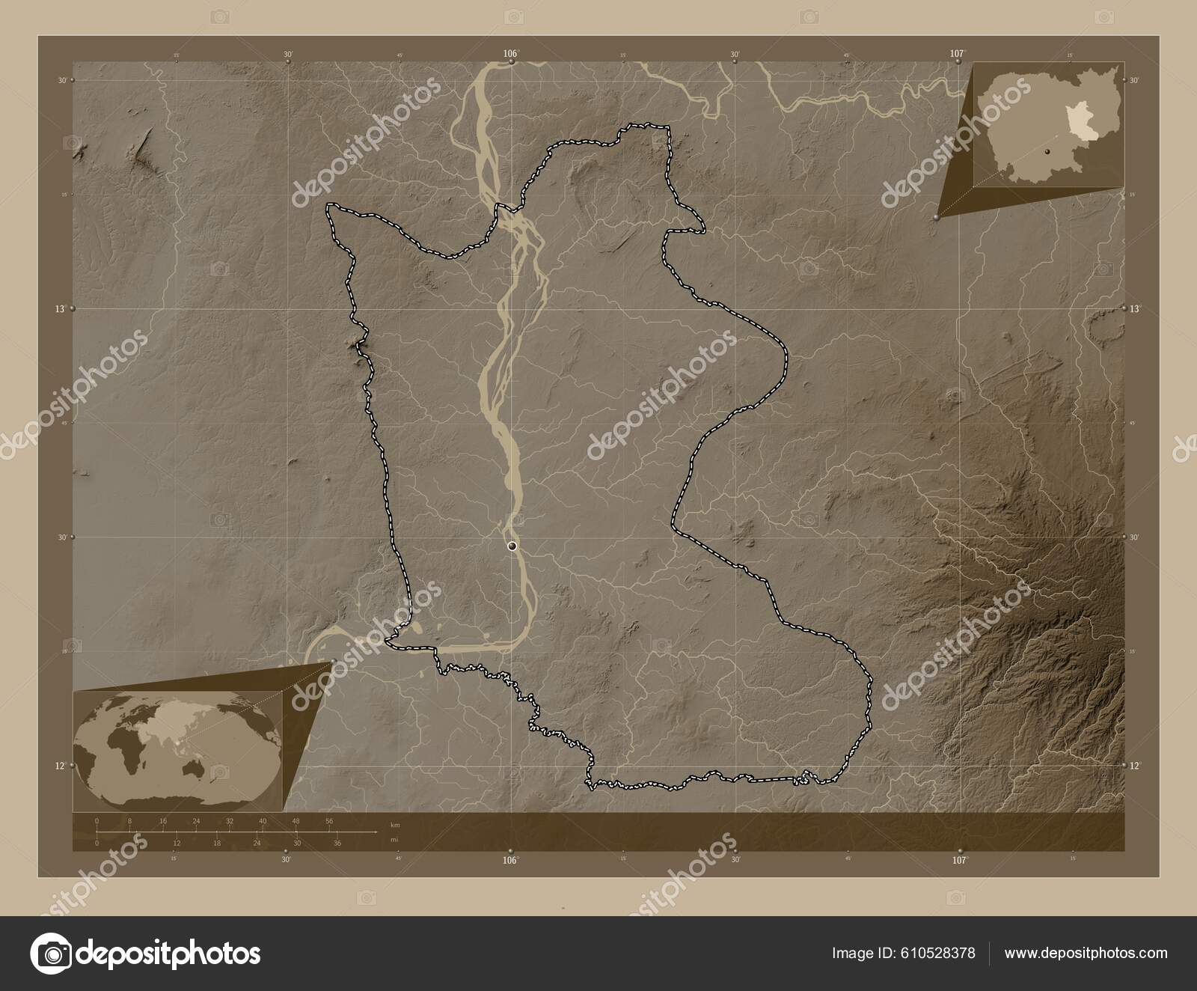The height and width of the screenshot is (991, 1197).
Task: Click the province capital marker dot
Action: pyautogui.click(x=512, y=546)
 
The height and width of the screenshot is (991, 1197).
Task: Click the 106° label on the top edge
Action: pyautogui.click(x=510, y=53)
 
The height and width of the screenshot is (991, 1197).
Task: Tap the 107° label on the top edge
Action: pyautogui.click(x=957, y=53)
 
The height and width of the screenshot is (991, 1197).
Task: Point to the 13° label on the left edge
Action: pyautogui.click(x=66, y=308)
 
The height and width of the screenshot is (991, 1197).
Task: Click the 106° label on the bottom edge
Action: pyautogui.click(x=510, y=860)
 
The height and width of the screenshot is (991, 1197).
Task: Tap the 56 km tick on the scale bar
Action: pyautogui.click(x=329, y=821)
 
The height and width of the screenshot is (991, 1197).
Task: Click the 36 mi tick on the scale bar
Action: pyautogui.click(x=337, y=844)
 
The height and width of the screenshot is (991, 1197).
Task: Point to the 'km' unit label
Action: pyautogui.click(x=394, y=825)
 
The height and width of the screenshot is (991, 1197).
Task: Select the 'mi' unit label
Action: pyautogui.click(x=394, y=840)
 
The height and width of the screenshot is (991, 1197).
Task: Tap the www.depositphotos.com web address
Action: pyautogui.click(x=1086, y=954)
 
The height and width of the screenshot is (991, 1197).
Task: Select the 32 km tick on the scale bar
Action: pyautogui.click(x=230, y=821)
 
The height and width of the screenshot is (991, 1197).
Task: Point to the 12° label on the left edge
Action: pyautogui.click(x=66, y=765)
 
